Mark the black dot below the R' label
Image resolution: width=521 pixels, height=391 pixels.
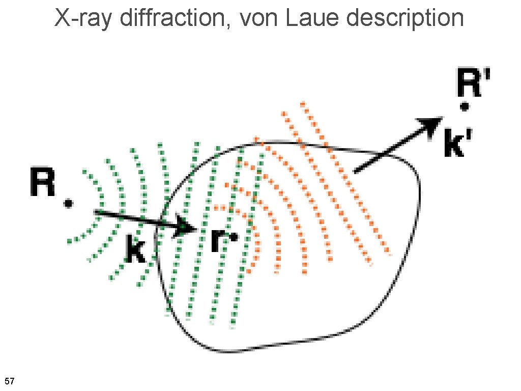464,106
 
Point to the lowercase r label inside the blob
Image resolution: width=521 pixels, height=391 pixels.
217,239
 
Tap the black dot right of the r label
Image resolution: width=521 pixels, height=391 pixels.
234,237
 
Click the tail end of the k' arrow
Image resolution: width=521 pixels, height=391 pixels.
356,171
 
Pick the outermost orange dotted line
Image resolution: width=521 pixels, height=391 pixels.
346,178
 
